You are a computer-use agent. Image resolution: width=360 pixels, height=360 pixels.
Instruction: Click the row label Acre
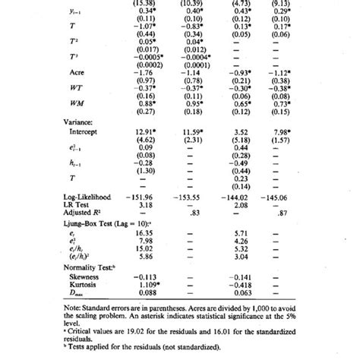[77, 73]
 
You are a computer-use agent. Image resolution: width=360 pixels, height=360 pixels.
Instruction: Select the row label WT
[76, 87]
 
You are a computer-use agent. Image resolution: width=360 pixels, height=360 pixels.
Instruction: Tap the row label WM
[76, 103]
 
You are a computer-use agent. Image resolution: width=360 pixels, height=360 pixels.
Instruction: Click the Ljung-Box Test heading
[106, 223]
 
